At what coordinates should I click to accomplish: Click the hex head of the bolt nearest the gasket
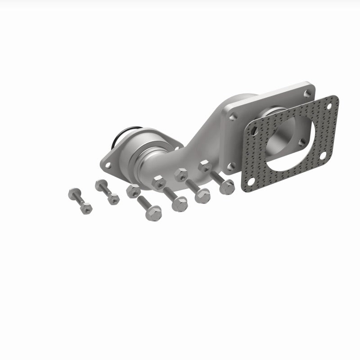[227, 186]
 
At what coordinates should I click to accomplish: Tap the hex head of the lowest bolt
[154, 213]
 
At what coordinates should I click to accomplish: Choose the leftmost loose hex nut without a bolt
[133, 191]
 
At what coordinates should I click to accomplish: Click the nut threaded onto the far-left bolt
[85, 207]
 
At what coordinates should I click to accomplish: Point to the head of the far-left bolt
[73, 194]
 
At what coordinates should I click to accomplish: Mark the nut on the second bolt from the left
[113, 198]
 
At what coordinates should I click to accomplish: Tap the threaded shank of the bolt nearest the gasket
[217, 177]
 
